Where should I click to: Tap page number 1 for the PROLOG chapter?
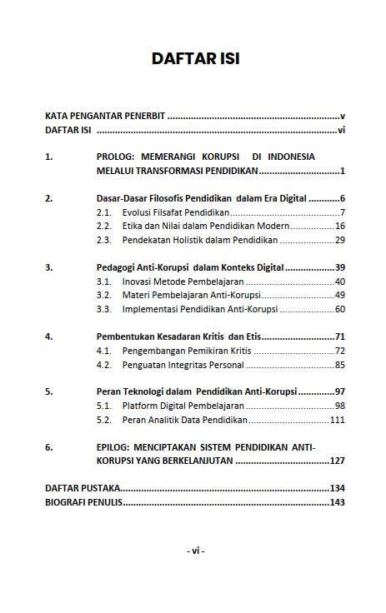click(343, 171)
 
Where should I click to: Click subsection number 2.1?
click(104, 212)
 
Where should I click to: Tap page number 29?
click(339, 240)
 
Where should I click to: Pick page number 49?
click(339, 295)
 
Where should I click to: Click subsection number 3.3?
click(104, 309)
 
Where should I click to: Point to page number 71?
click(339, 336)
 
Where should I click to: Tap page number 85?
click(339, 364)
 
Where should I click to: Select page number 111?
click(337, 420)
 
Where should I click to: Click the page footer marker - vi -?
click(195, 551)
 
